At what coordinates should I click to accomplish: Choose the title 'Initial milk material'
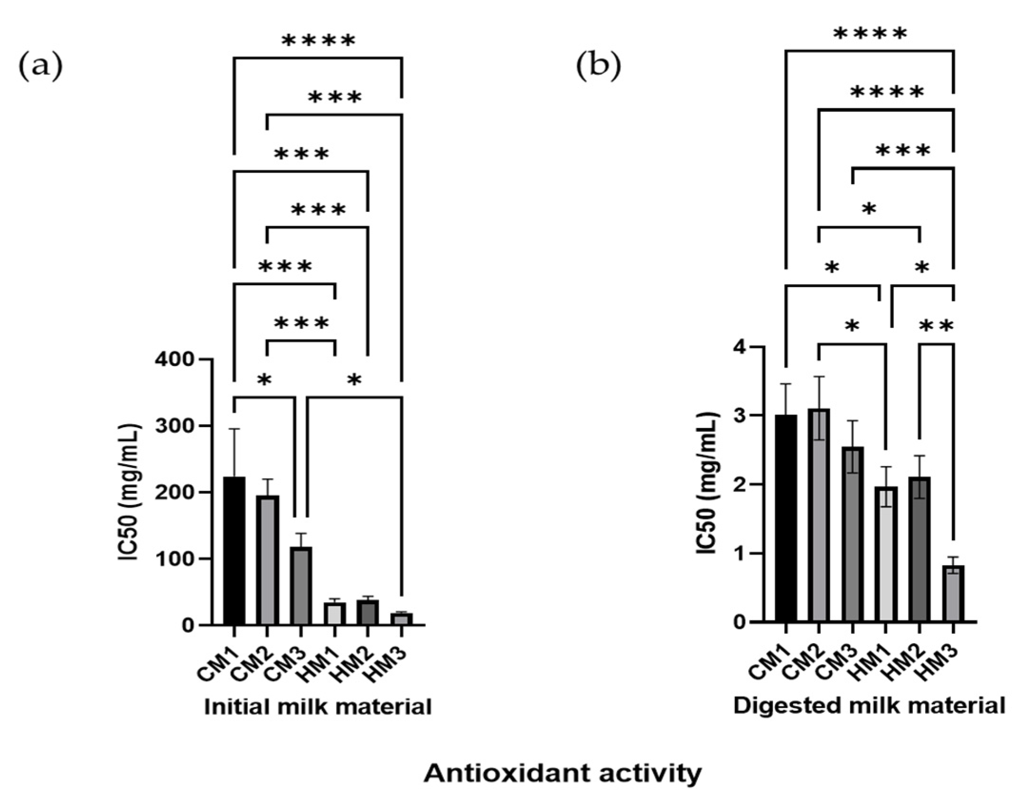[318, 707]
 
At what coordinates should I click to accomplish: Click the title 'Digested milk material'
[869, 706]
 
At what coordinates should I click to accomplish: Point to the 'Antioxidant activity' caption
[563, 774]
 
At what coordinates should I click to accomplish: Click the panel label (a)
[40, 67]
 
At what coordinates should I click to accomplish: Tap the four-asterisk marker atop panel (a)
[318, 41]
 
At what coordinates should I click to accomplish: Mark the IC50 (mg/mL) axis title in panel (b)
[707, 484]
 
